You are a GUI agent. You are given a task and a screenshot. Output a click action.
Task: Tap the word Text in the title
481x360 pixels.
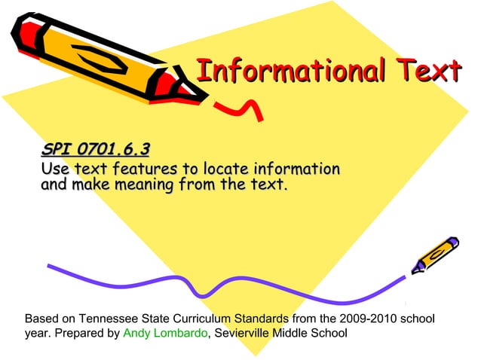tap(430, 72)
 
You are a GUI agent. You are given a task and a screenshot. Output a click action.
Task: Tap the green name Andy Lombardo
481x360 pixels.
tap(164, 333)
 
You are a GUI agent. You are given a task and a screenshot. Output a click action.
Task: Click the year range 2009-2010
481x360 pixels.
tap(369, 318)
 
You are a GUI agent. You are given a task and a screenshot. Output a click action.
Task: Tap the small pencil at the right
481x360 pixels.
tap(435, 255)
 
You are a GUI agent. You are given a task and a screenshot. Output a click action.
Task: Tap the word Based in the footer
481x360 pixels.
tap(41, 318)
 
